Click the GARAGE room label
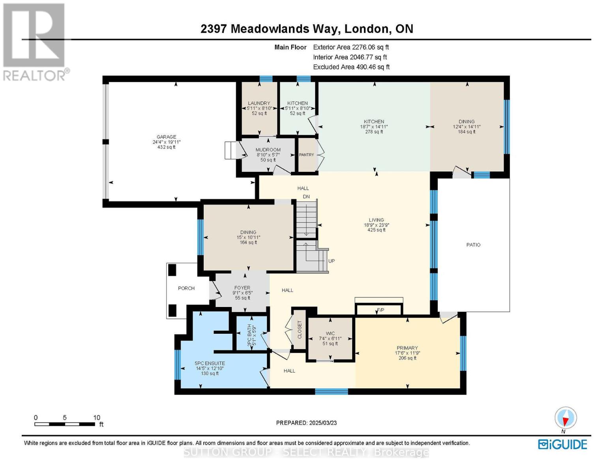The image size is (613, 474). [166, 137]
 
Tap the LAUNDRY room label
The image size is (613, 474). [259, 103]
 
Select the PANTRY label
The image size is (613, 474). [306, 155]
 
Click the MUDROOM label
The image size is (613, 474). [268, 150]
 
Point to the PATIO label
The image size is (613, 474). [473, 245]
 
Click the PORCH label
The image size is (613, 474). [186, 288]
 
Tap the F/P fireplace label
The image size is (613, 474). [380, 310]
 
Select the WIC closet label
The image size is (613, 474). [330, 333]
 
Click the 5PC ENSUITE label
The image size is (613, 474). [210, 363]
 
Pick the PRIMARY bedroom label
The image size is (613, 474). [407, 348]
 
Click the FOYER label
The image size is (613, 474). [242, 288]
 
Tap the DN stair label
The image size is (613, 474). [306, 197]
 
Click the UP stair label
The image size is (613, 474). [332, 261]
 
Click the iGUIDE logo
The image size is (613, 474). [562, 444]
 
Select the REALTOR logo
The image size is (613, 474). [34, 41]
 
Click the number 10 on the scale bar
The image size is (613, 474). [97, 418]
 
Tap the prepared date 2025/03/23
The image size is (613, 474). [322, 423]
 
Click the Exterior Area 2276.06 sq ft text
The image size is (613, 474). [351, 47]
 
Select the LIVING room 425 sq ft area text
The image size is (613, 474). [376, 230]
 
